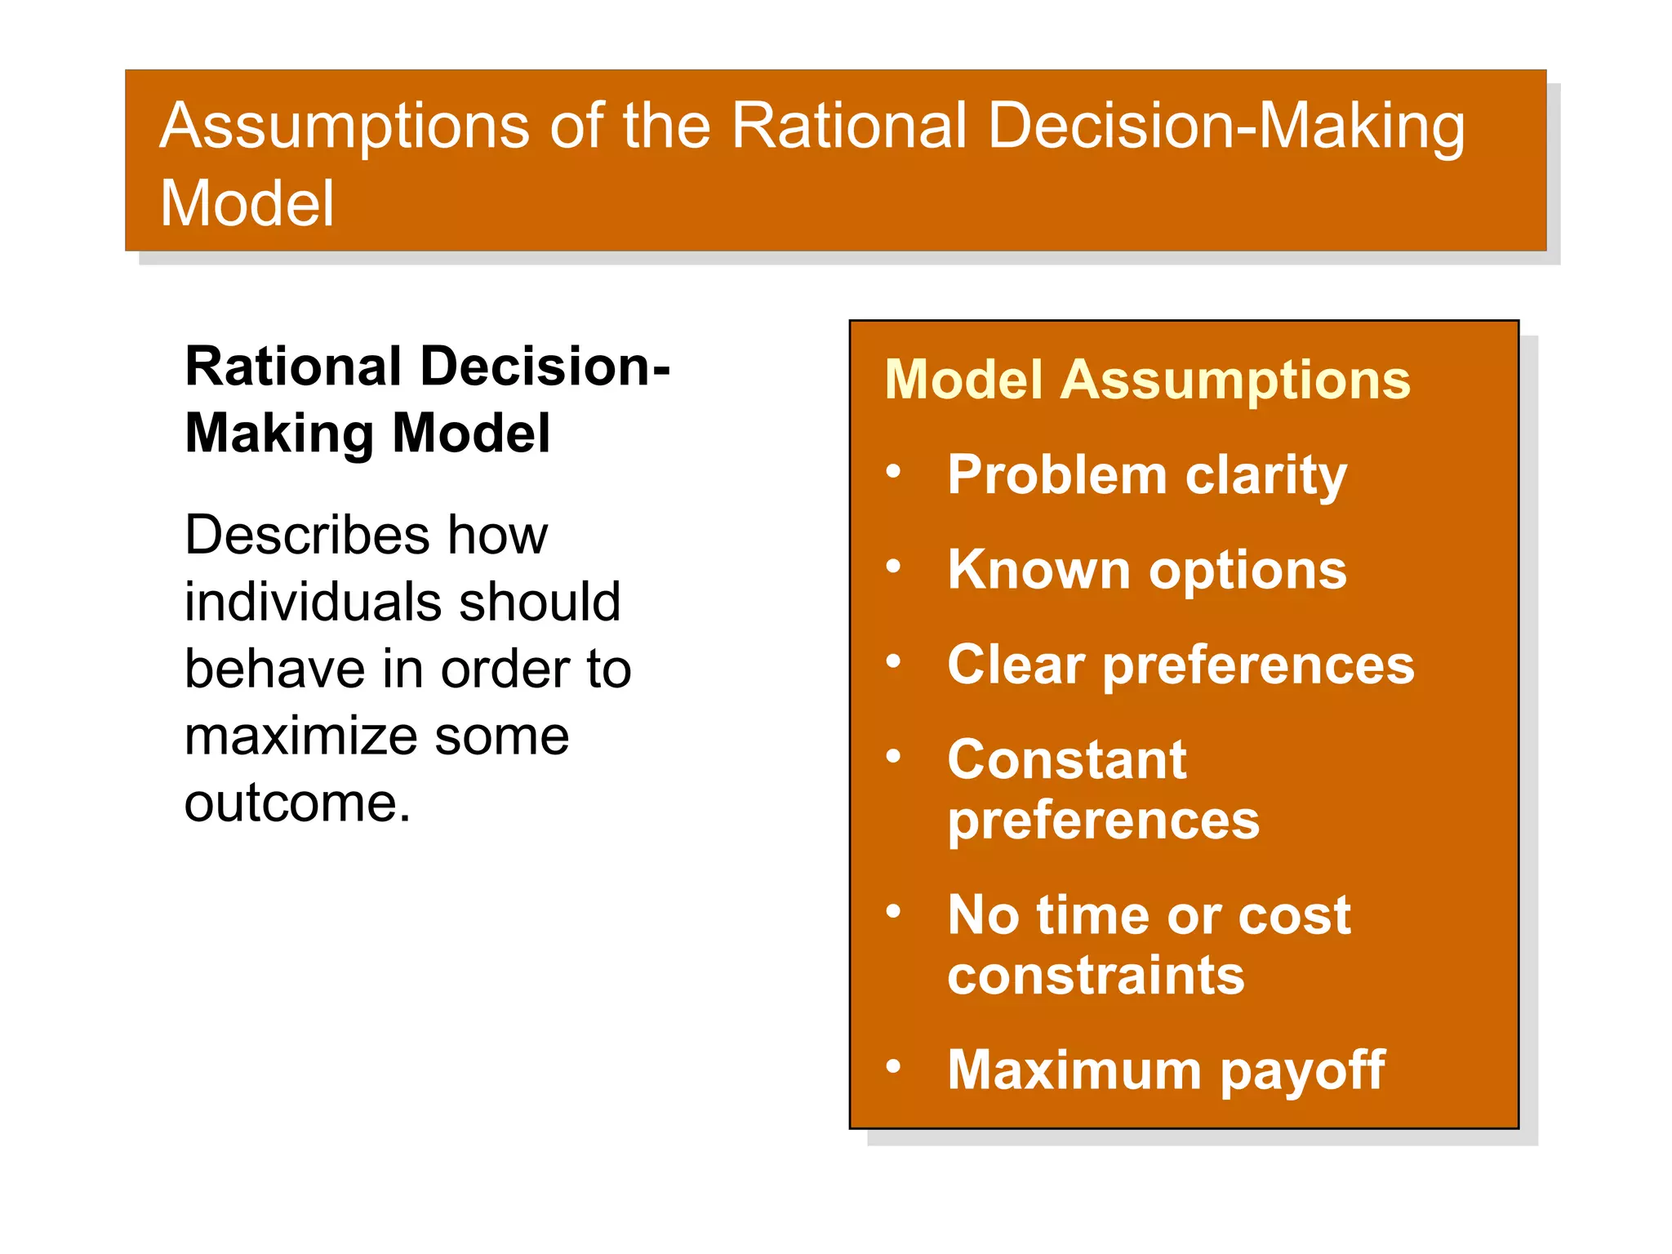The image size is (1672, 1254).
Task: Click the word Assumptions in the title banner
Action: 344,127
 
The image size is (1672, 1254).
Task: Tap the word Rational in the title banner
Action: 848,126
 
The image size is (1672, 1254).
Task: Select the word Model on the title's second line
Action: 247,203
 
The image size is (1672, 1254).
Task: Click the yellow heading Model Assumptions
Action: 1147,380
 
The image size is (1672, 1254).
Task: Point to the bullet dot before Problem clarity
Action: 894,471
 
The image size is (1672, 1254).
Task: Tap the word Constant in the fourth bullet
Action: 1066,759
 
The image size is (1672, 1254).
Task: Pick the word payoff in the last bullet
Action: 1303,1070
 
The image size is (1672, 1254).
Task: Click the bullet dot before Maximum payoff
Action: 894,1065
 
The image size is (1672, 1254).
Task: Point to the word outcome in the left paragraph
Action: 296,803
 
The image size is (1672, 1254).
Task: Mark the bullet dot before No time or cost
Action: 894,911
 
